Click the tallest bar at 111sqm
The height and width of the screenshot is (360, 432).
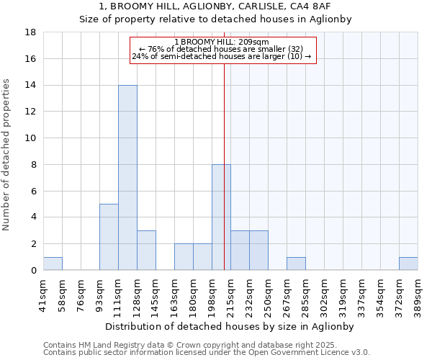pyautogui.click(x=127, y=178)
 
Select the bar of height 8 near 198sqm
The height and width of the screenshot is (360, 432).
pyautogui.click(x=221, y=217)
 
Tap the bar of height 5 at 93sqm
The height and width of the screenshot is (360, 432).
pyautogui.click(x=109, y=237)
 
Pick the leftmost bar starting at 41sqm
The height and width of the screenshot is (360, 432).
pyautogui.click(x=53, y=264)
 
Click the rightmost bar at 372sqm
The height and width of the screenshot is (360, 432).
pyautogui.click(x=408, y=264)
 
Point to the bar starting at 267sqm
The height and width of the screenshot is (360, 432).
pyautogui.click(x=296, y=264)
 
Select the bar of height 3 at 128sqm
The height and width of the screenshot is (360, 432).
pyautogui.click(x=146, y=250)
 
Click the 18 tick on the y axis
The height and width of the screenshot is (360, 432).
pyautogui.click(x=31, y=32)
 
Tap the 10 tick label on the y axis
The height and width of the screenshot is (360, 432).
pyautogui.click(x=31, y=138)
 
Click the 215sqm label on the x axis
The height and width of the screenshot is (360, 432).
pyautogui.click(x=230, y=292)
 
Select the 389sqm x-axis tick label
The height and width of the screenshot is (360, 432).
pyautogui.click(x=418, y=292)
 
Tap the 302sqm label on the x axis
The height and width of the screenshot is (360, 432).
pyautogui.click(x=324, y=292)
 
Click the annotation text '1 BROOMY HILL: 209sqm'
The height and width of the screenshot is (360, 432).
pyautogui.click(x=222, y=42)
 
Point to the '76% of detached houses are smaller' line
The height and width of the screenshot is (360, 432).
pyautogui.click(x=222, y=49)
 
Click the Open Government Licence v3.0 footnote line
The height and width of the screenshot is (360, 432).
pyautogui.click(x=207, y=353)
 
